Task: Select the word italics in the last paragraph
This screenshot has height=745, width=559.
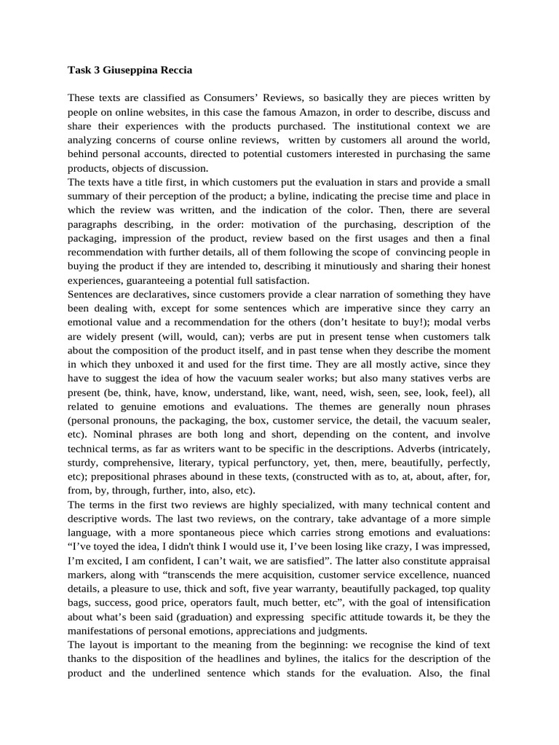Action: coord(377,658)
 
